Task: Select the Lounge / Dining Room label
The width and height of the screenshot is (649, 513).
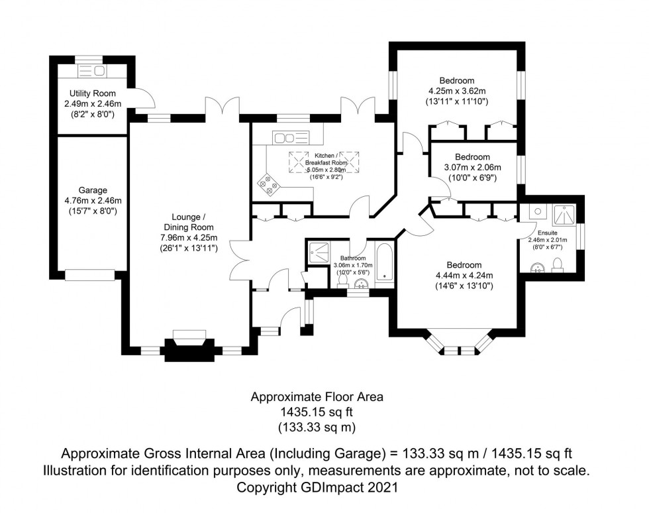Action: (x=189, y=222)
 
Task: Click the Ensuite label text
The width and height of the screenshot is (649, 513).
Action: (x=547, y=233)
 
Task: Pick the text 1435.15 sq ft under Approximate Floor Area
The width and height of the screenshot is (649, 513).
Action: (x=317, y=412)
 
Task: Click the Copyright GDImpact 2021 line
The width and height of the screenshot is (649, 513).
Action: (x=317, y=488)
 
